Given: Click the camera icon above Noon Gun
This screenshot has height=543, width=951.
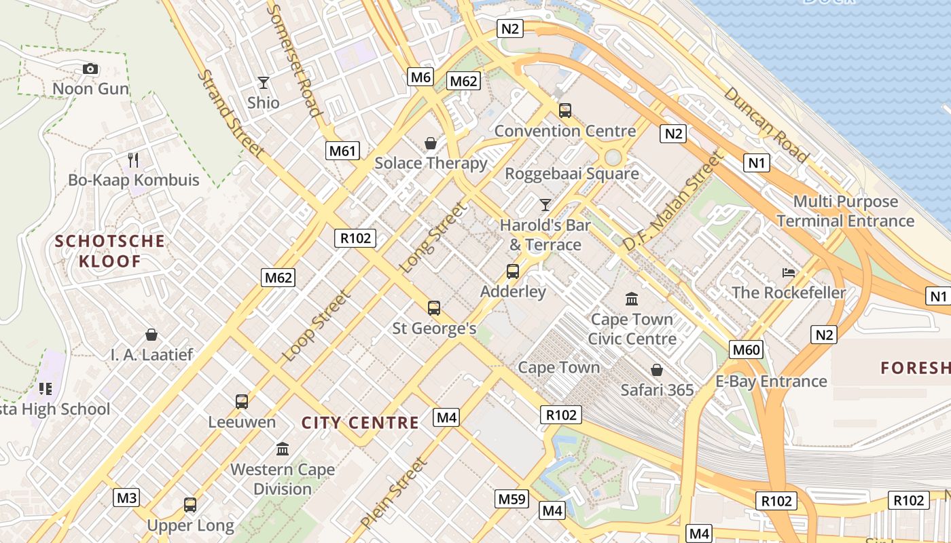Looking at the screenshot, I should coord(90,69).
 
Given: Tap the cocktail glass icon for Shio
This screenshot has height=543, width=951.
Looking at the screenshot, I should coord(264,83).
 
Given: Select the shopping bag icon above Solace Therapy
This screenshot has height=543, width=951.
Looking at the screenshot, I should coord(431,143).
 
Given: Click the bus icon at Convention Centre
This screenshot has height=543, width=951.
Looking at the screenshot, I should coord(564,111).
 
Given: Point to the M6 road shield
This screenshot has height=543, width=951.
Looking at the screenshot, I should coord(420,77).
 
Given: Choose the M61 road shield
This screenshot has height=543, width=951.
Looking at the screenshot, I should coord(342,151).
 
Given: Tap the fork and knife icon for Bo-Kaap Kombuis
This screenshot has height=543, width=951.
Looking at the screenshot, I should coord(133,160).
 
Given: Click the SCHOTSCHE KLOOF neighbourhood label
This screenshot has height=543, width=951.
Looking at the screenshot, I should coord(110,251).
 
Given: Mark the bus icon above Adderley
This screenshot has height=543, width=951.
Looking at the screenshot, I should coord(513,271).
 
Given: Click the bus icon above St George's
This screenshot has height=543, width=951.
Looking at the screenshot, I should coord(434,308).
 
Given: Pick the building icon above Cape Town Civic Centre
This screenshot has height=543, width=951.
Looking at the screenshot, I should coord(632,299).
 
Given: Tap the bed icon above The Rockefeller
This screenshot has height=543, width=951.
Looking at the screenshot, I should coord(789,273).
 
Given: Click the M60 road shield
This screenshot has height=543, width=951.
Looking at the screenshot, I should coord(747,350).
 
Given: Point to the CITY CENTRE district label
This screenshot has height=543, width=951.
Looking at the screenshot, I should coord(360,423).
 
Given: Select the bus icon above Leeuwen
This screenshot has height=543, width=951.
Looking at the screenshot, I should coord(242,401).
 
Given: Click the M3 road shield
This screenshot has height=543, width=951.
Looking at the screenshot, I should coord(127,498).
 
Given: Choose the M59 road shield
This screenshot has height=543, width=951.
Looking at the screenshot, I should coord(512,499).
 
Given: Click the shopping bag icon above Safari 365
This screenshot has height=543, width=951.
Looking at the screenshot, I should coord(657,370).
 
